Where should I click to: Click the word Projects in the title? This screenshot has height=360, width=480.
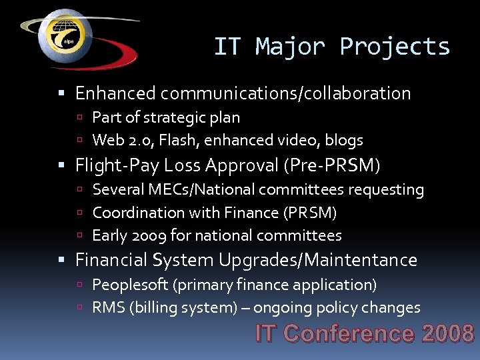point(395,47)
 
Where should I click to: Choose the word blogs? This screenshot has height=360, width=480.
point(345,140)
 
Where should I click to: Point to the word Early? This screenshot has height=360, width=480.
point(109,235)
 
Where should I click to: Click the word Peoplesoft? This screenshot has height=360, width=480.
point(130,285)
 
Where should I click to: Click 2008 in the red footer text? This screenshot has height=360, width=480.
point(448,333)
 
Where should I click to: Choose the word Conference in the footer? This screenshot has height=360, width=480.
point(351,333)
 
